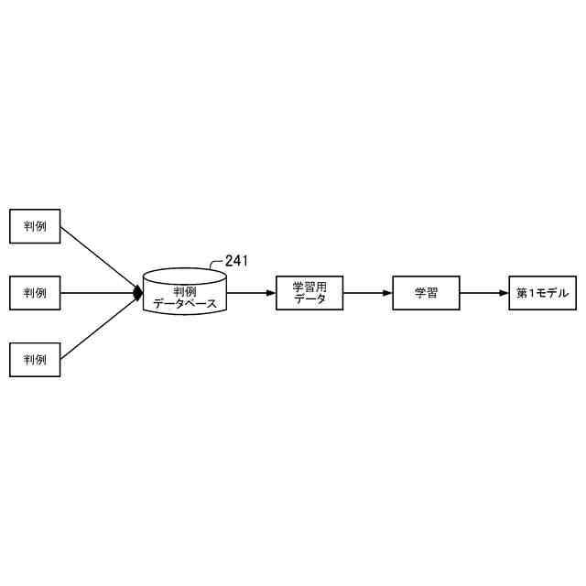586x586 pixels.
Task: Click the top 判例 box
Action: pyautogui.click(x=35, y=226)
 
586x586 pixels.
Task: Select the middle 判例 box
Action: pyautogui.click(x=35, y=293)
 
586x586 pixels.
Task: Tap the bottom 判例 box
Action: pyautogui.click(x=35, y=359)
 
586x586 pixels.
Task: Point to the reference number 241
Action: pyautogui.click(x=236, y=261)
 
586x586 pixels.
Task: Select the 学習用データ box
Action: pyautogui.click(x=309, y=293)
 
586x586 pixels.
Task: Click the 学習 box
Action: pyautogui.click(x=426, y=293)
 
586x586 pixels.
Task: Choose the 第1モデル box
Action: pyautogui.click(x=543, y=293)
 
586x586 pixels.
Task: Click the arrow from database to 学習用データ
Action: pyautogui.click(x=249, y=293)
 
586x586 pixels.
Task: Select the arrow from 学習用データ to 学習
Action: pyautogui.click(x=366, y=293)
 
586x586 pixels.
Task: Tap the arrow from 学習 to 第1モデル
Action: pyautogui.click(x=483, y=293)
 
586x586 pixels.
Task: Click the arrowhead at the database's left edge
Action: pyautogui.click(x=138, y=293)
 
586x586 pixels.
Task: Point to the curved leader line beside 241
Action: pyautogui.click(x=216, y=266)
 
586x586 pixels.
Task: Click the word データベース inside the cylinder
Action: pyautogui.click(x=185, y=302)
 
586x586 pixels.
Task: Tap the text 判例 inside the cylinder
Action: pyautogui.click(x=185, y=290)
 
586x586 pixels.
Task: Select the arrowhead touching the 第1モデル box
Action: pyautogui.click(x=504, y=293)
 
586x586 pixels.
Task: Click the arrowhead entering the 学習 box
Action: pyautogui.click(x=387, y=293)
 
